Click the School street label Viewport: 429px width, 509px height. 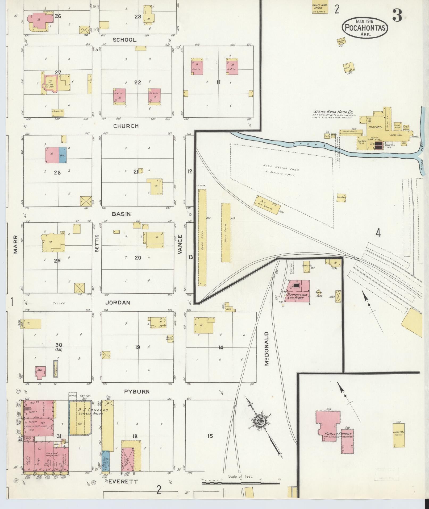(124, 40)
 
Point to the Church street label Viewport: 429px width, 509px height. (126, 126)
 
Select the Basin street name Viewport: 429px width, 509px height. (121, 214)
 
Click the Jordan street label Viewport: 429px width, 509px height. (118, 303)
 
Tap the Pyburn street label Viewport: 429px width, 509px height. (137, 392)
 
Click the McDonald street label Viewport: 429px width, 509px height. (267, 349)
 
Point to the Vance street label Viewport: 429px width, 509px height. (180, 244)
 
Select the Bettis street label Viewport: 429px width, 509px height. (97, 243)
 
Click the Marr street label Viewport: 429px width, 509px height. (15, 244)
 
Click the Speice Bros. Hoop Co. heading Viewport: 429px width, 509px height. (333, 112)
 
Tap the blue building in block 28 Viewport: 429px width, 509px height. (63, 155)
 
